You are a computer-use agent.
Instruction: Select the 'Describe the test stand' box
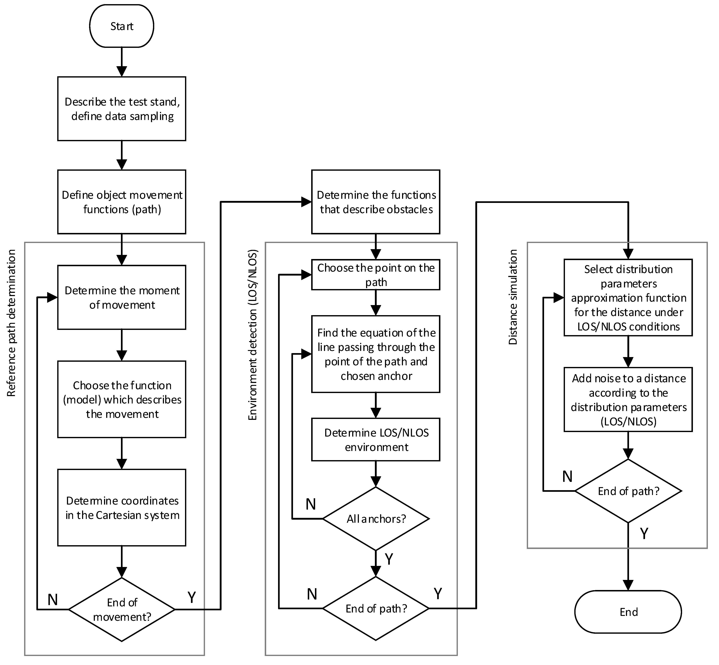[122, 109]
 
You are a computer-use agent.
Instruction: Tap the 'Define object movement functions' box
[122, 202]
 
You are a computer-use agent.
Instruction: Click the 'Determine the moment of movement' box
[122, 297]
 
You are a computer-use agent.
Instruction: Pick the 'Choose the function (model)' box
[122, 400]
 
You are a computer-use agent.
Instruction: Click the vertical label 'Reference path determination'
[12, 323]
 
